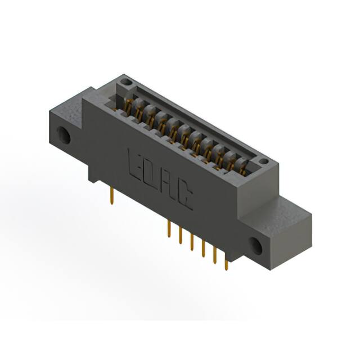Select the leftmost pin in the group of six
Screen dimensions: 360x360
click(x=168, y=231)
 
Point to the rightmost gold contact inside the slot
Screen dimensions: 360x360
click(x=243, y=165)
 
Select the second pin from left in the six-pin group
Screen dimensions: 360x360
click(x=180, y=236)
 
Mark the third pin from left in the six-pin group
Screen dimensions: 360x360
click(x=192, y=242)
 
